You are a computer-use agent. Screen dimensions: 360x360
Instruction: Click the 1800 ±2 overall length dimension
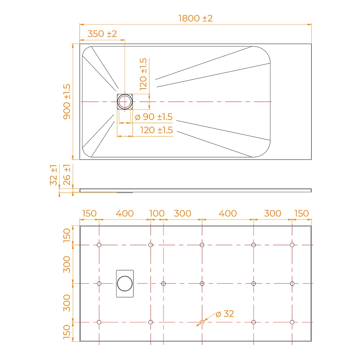(195, 18)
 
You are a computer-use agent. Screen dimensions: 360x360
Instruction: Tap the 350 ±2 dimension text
(102, 34)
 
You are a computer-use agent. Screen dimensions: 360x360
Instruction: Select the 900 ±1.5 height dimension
(67, 102)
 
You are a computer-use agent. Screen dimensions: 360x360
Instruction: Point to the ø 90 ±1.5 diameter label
(154, 117)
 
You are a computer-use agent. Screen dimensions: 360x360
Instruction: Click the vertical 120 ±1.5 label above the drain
(143, 74)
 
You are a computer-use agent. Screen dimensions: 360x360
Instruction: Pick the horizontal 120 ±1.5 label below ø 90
(156, 130)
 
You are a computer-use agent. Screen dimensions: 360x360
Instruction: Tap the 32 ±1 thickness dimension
(54, 175)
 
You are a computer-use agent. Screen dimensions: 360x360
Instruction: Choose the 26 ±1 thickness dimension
(67, 175)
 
